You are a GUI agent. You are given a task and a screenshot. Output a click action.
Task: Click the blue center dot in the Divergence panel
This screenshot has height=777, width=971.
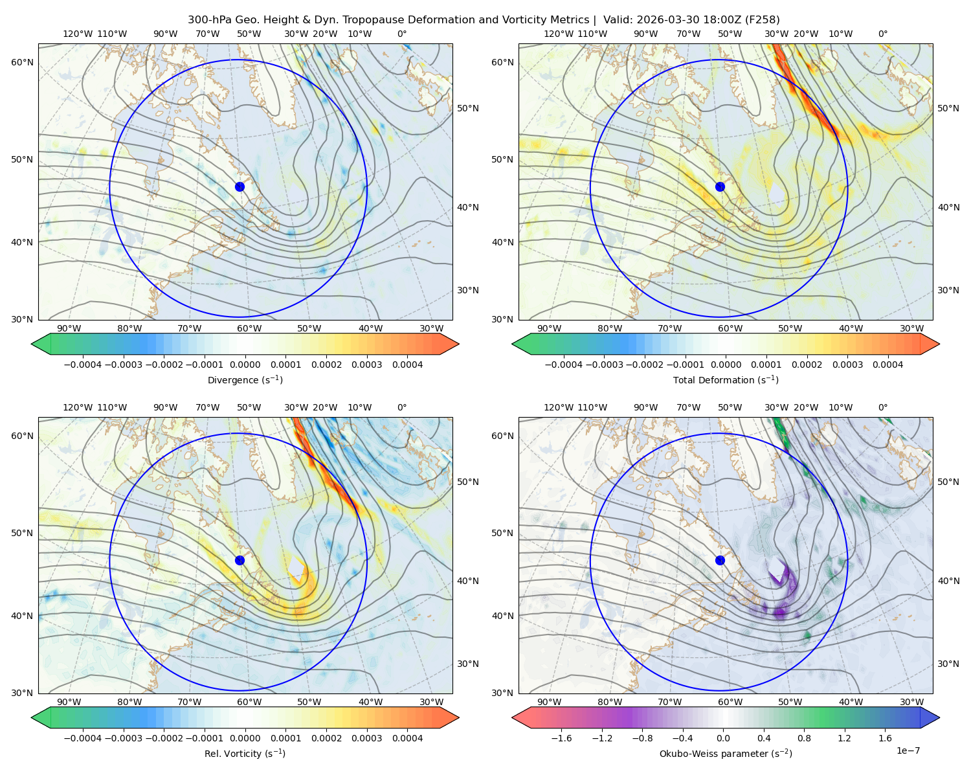click(x=240, y=187)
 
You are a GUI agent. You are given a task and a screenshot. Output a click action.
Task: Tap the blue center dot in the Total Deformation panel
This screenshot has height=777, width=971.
click(x=720, y=187)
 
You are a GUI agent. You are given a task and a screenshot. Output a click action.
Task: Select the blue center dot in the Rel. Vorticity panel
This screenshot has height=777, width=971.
click(x=240, y=560)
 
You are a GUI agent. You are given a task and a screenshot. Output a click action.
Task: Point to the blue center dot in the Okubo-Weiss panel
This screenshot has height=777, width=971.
click(x=720, y=560)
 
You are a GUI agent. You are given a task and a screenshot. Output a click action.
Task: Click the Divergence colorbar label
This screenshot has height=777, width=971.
click(x=245, y=380)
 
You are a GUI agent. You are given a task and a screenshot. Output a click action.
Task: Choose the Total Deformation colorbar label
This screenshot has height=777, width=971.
click(x=726, y=380)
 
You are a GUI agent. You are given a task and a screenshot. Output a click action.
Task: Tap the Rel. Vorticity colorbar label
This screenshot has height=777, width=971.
click(x=245, y=754)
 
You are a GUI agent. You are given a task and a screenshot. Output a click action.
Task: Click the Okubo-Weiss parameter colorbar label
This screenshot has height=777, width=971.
click(x=726, y=754)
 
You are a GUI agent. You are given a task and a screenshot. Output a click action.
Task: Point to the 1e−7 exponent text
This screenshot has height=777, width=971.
click(x=908, y=750)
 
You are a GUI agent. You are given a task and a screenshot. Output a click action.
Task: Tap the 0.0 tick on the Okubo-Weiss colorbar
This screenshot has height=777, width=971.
click(x=723, y=738)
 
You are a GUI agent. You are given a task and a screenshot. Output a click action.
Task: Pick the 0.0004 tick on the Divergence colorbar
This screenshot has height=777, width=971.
click(x=407, y=365)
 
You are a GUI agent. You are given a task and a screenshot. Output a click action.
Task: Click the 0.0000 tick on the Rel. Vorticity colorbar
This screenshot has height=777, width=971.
click(x=245, y=738)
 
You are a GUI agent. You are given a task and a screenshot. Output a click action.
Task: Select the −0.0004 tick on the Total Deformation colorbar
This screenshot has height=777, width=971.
click(x=564, y=365)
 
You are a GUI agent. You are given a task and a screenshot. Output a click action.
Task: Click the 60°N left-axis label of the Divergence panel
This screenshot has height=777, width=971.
click(x=22, y=62)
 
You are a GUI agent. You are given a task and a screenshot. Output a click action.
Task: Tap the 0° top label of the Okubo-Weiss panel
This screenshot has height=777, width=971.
click(x=882, y=407)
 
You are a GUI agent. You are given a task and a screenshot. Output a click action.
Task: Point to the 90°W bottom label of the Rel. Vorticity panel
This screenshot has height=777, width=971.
click(x=69, y=702)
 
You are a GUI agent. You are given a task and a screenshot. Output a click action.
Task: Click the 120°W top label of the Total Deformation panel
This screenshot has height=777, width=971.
click(x=558, y=34)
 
